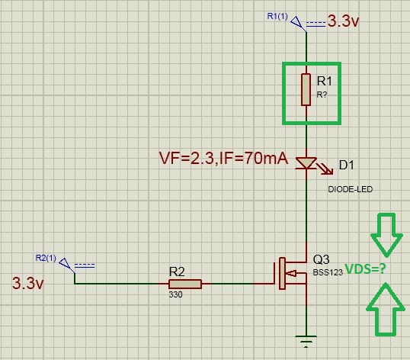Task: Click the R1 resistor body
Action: [x=306, y=89]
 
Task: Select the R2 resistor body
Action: [x=185, y=284]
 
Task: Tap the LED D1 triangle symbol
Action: [x=306, y=163]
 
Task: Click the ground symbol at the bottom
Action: [x=306, y=341]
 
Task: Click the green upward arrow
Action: [x=386, y=309]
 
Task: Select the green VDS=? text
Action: [x=366, y=268]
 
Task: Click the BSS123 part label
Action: [x=328, y=272]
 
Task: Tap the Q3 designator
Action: [x=321, y=259]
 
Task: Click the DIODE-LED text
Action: [x=350, y=189]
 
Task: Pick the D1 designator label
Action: [x=347, y=165]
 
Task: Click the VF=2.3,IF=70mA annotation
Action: [x=223, y=159]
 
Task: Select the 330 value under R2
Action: [x=175, y=294]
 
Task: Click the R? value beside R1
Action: [x=322, y=95]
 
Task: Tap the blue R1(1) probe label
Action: [x=277, y=16]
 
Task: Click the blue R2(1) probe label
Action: [x=46, y=258]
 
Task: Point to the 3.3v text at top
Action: [x=343, y=21]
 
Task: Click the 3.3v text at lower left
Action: [x=28, y=283]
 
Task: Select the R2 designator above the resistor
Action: [x=177, y=272]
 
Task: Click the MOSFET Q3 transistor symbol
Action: [x=291, y=273]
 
